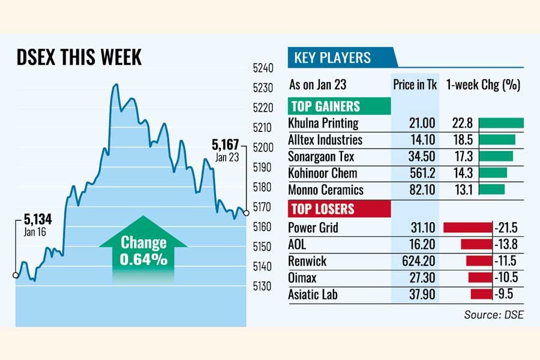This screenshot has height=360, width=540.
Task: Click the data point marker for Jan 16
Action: click(x=15, y=275)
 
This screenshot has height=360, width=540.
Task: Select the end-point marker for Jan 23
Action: click(x=246, y=212)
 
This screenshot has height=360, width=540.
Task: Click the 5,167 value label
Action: click(x=226, y=145)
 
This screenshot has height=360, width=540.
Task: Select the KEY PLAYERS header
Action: click(x=332, y=58)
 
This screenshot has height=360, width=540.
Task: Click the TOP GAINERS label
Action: click(x=325, y=106)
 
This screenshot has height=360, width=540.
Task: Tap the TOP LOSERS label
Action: click(x=322, y=209)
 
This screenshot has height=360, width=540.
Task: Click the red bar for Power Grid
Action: click(x=467, y=227)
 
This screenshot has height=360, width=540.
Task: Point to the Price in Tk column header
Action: click(x=415, y=85)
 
